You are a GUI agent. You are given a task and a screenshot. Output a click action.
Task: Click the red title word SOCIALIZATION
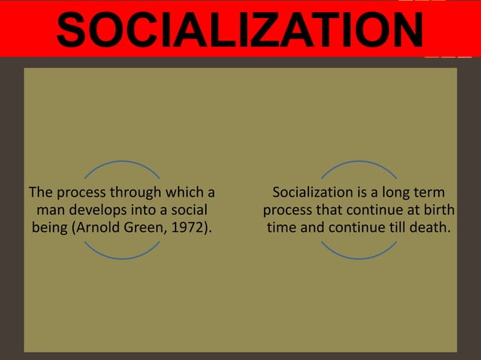coord(240,31)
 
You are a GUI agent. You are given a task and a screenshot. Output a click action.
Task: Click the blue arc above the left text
coord(121,163)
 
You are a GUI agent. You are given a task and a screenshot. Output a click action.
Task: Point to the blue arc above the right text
coord(359,163)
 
